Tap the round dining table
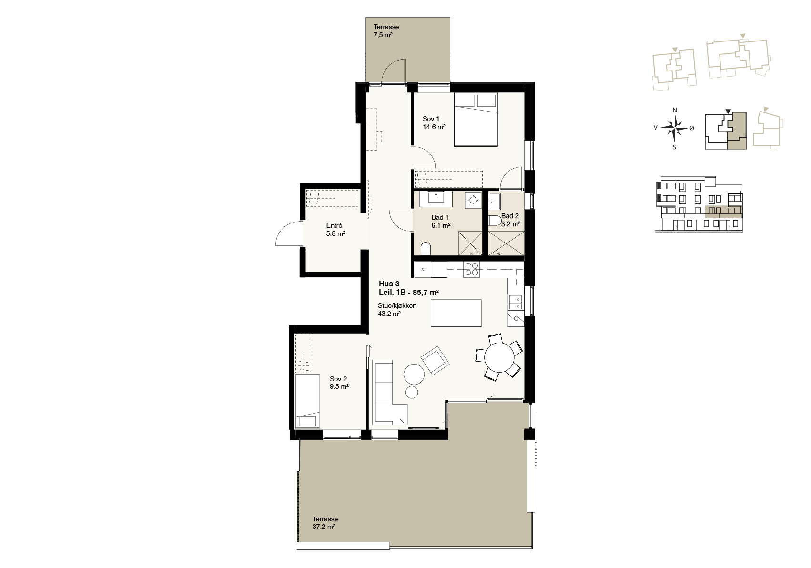coord(499,357)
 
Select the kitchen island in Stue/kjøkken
coord(456,313)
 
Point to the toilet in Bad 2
coord(495,221)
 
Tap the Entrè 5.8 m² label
coord(335,230)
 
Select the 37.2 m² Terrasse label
coord(325,523)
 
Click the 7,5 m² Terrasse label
coord(386,31)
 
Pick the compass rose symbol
coord(674,127)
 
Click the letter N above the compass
coord(675,110)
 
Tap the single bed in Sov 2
coord(307,402)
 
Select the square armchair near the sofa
coord(435,361)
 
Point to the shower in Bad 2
coord(506,243)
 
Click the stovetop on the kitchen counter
coord(471,270)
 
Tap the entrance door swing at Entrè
coord(289,233)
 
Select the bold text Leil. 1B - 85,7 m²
coord(409,292)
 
